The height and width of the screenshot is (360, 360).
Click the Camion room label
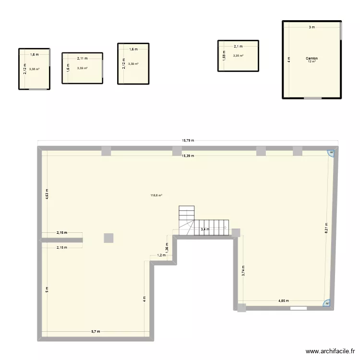pos(312,59)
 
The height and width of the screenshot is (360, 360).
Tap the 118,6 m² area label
pos(156,195)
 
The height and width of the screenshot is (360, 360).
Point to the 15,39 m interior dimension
pos(187,155)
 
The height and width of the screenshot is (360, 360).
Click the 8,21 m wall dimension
pos(326,228)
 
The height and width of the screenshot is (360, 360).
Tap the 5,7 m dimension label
pos(96,332)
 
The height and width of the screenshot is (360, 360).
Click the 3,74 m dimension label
pos(243,272)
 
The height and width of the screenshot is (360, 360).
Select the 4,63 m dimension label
pos(47,193)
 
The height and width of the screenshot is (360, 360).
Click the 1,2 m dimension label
pos(161,255)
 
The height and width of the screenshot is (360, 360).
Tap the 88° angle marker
pos(331,153)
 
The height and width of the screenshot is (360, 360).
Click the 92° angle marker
pos(327,303)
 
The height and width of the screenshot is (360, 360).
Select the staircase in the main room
pos(202,223)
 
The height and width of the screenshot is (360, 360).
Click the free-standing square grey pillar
pos(109,238)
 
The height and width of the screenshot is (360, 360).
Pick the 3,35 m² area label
pos(238,56)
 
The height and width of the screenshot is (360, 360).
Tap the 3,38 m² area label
pos(34,69)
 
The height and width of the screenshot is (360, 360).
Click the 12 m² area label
pos(312,62)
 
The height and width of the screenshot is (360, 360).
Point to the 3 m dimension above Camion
pos(312,27)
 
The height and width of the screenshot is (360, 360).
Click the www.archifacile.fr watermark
pos(329,351)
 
